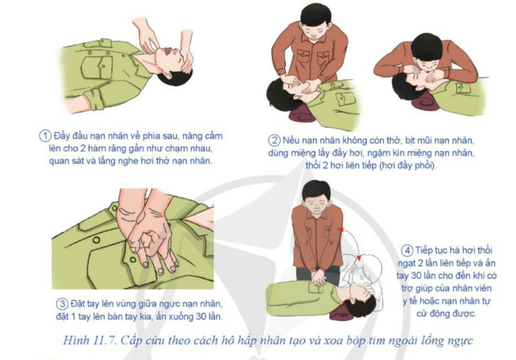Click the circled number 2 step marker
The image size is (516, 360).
tap(274, 139)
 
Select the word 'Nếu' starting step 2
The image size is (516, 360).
tap(292, 139)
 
